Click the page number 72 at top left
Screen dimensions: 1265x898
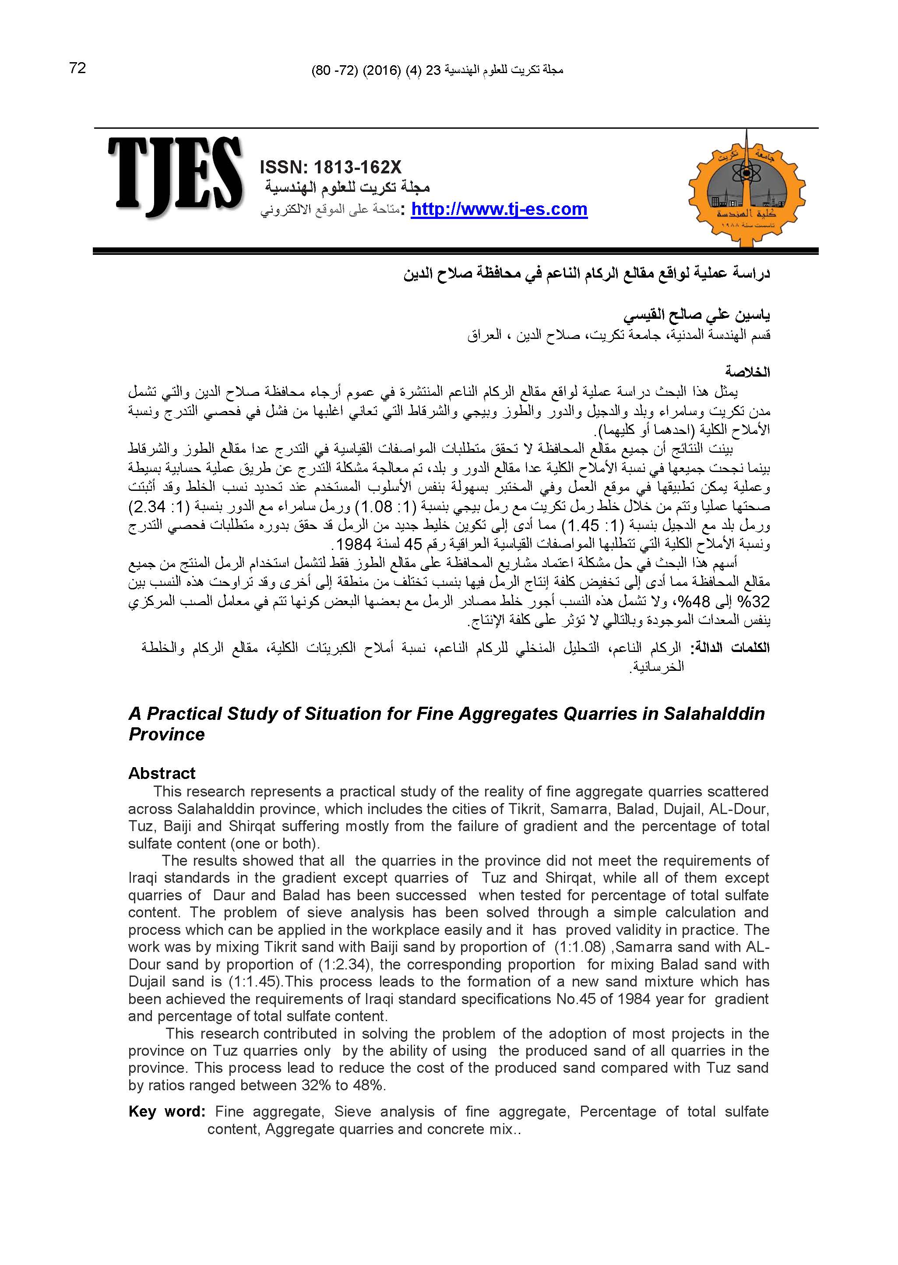[78, 68]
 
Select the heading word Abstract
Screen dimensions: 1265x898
[162, 773]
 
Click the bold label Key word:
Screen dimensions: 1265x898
[167, 1111]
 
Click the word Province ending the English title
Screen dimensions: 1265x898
[166, 734]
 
